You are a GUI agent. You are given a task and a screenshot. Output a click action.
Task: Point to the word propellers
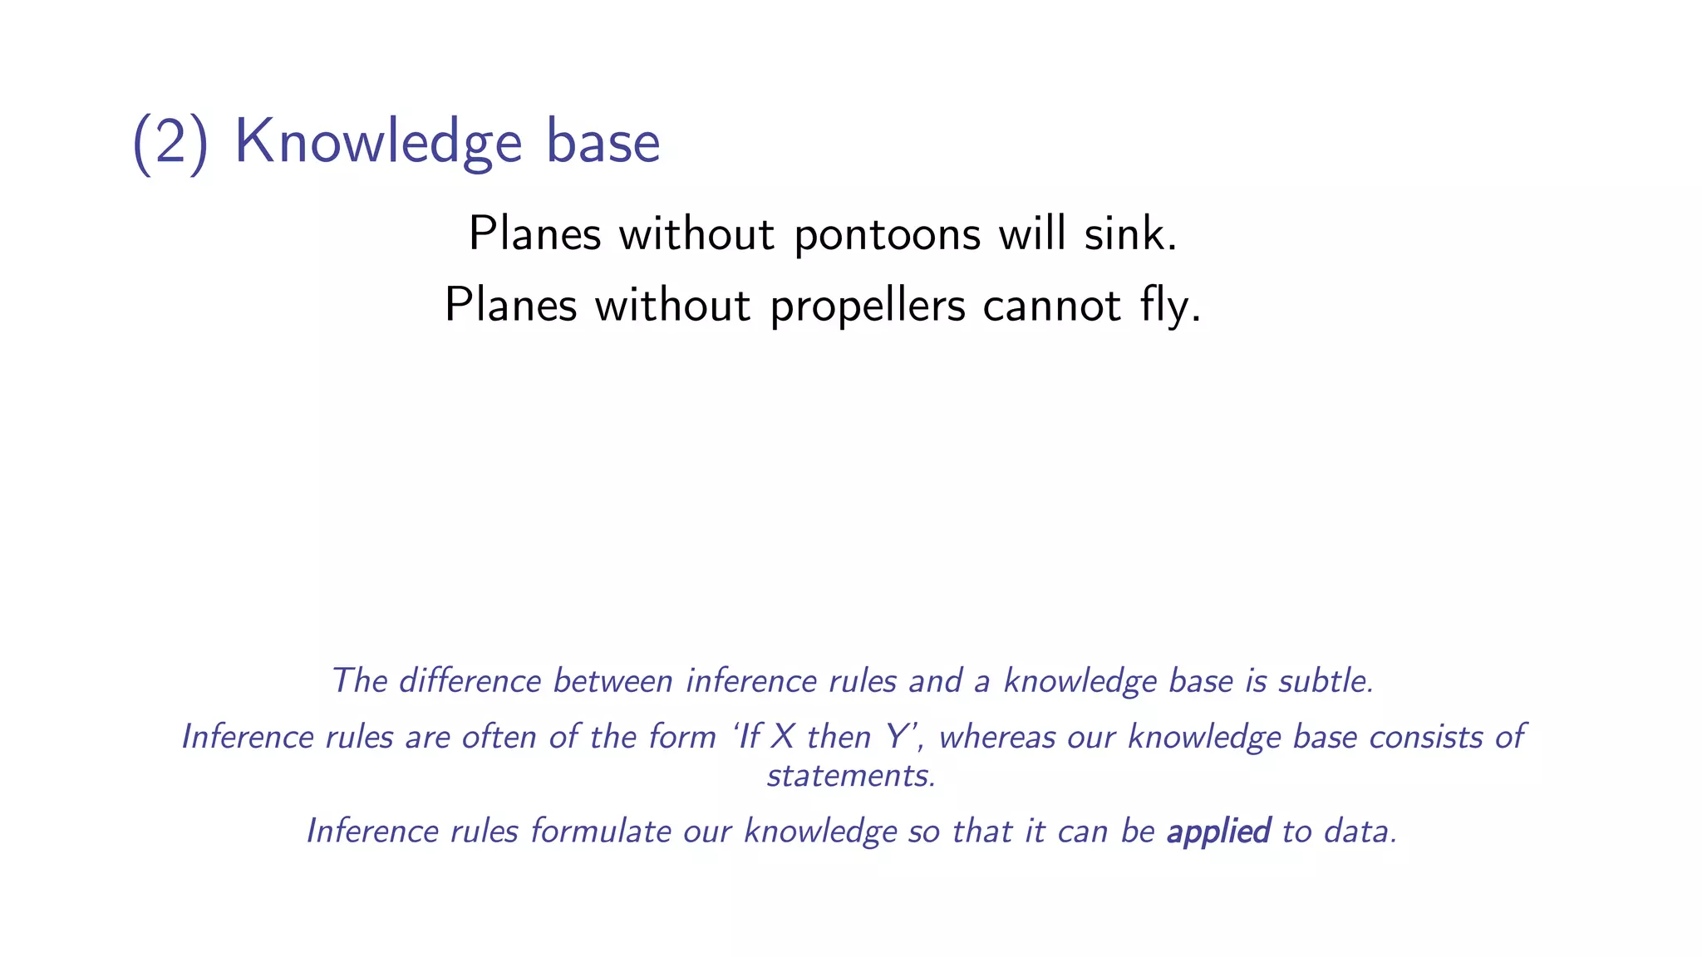coord(868,307)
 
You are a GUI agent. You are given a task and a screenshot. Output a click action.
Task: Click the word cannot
coord(1052,305)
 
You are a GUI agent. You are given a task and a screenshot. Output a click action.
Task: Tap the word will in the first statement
coord(1032,233)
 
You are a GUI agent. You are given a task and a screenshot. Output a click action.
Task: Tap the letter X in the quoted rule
coord(782,737)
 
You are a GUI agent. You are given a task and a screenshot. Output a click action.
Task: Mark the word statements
coord(851,776)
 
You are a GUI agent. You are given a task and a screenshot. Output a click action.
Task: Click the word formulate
coord(601,832)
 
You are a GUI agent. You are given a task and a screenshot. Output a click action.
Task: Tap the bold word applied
coord(1218,832)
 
